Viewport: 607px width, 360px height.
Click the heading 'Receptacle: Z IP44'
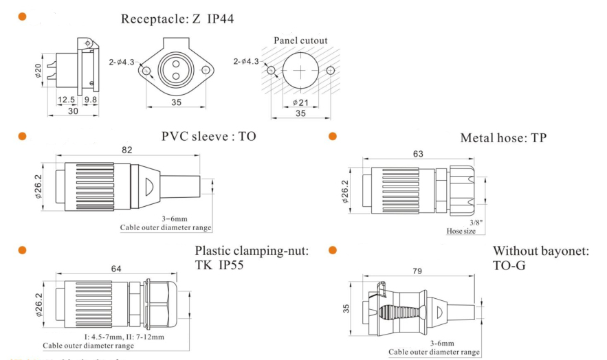[x=177, y=19]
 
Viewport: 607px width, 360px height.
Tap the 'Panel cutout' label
[x=300, y=41]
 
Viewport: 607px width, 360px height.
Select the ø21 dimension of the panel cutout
[x=300, y=102]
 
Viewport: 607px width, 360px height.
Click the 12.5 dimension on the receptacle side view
[x=67, y=100]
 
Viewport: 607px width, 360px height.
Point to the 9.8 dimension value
[x=90, y=100]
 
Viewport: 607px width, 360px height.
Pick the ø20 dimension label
[x=39, y=71]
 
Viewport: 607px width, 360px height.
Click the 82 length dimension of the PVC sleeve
[x=126, y=150]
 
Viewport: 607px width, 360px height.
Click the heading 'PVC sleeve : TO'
[x=208, y=136]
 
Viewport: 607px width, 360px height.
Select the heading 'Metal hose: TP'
[x=503, y=138]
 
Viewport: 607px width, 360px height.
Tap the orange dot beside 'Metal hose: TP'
[x=333, y=137]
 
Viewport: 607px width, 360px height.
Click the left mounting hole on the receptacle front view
[x=146, y=71]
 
